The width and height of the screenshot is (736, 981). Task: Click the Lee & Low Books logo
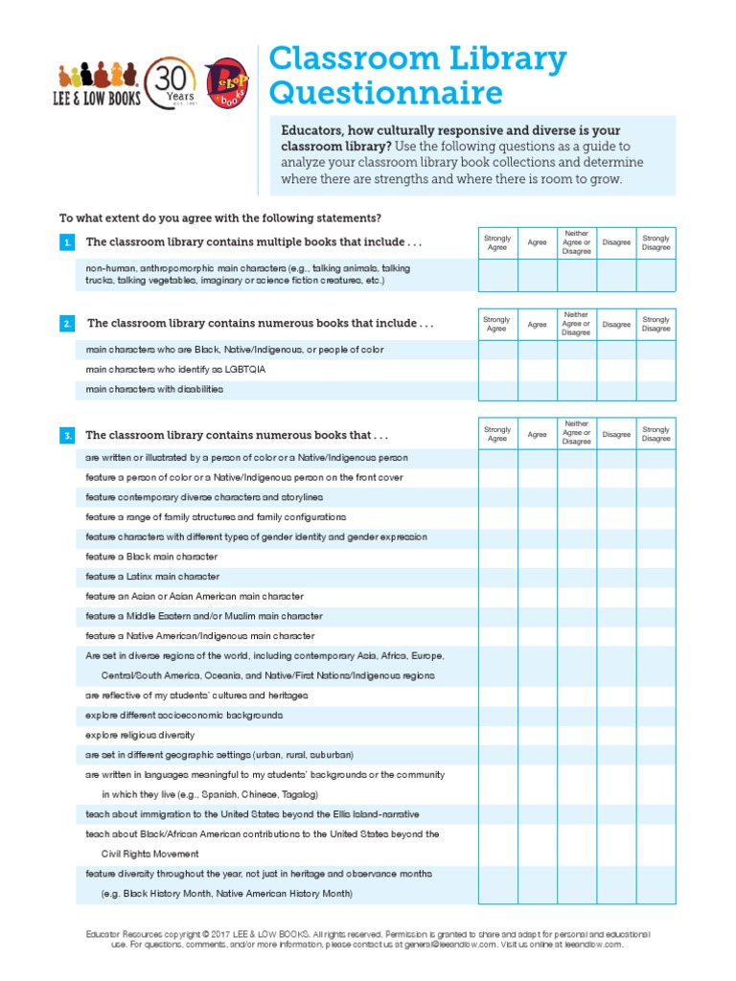[100, 85]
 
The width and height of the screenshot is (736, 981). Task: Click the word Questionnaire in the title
[385, 93]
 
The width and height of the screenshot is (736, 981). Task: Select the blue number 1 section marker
[67, 243]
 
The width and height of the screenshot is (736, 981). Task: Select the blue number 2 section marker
[67, 325]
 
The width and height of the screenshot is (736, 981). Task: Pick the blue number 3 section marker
[67, 436]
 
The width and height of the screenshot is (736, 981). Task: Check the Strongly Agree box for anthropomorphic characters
[497, 275]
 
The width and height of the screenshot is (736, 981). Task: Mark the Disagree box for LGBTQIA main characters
[616, 370]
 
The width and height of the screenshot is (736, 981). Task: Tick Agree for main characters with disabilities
[537, 390]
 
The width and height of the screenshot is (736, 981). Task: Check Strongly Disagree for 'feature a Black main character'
[656, 557]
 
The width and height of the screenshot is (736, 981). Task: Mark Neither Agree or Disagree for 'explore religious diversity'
[577, 735]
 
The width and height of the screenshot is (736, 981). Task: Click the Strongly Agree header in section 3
[497, 434]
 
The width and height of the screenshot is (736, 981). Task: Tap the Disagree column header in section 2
[616, 325]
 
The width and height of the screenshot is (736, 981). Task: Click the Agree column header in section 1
[537, 243]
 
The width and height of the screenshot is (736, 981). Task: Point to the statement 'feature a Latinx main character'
[152, 577]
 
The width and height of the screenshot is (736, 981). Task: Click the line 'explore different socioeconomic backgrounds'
[184, 716]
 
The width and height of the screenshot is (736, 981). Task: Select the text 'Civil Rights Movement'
[150, 854]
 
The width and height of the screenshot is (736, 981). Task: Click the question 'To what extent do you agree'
[219, 217]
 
